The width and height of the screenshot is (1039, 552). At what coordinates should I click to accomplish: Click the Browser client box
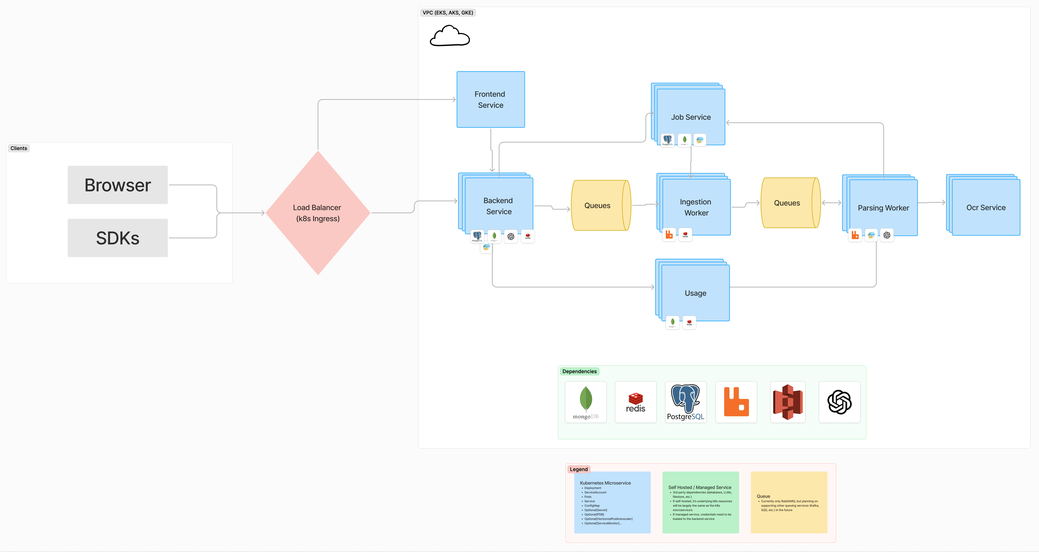[117, 185]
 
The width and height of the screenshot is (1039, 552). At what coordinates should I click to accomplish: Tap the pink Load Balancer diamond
[318, 213]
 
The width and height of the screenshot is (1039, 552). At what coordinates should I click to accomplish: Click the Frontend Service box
[490, 100]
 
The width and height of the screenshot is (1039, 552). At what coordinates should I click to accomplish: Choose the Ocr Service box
[986, 207]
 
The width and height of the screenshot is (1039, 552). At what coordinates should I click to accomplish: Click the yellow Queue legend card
[788, 502]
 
